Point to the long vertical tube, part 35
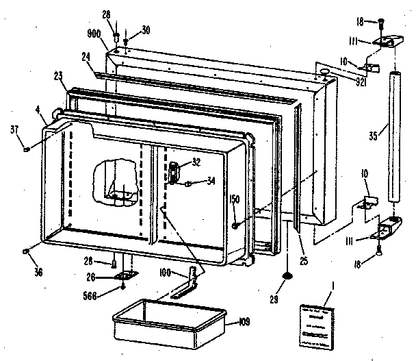click(x=394, y=137)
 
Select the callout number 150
click(x=234, y=199)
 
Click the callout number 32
click(x=196, y=162)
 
